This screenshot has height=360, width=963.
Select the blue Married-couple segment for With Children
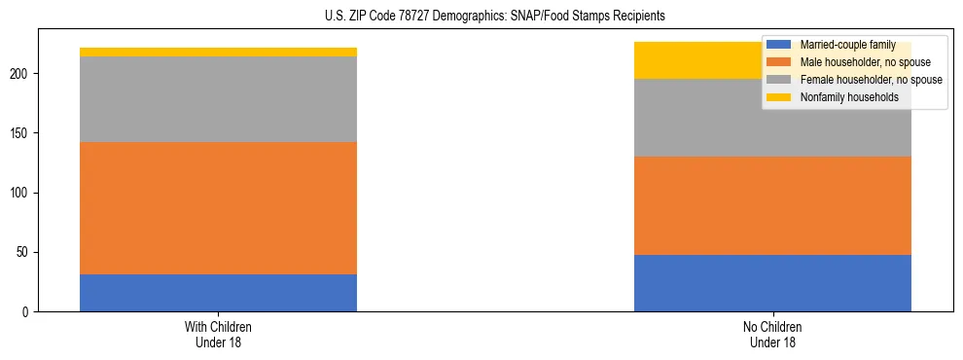point(218,293)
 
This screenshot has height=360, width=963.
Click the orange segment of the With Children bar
point(218,208)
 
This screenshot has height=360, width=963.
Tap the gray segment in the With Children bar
point(218,99)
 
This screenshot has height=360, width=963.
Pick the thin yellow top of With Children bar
point(218,53)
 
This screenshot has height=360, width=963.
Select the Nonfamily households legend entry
point(848,97)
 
